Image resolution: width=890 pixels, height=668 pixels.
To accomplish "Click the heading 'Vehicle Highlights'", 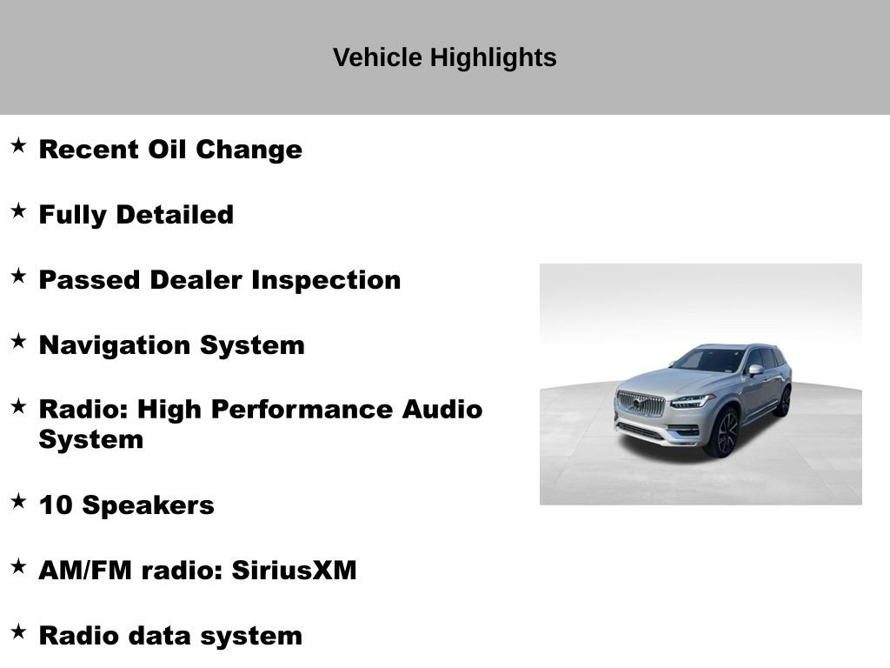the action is click(x=444, y=58).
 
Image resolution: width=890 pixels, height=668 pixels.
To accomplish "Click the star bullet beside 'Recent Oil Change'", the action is click(x=19, y=145).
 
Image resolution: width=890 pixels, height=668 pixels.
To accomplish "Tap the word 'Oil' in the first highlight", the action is click(x=167, y=150).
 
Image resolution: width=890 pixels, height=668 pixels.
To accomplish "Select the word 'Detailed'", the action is click(x=175, y=215).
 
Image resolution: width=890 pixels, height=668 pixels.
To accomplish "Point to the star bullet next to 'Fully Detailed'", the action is click(x=19, y=210).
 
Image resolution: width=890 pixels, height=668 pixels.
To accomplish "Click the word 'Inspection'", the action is click(x=327, y=281).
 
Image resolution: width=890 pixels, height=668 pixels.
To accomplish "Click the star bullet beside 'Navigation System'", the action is click(x=19, y=341).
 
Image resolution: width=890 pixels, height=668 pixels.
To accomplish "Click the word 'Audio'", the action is click(x=442, y=410).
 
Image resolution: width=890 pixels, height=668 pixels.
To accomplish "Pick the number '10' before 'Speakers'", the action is click(x=56, y=505).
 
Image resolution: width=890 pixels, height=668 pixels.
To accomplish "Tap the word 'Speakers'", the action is click(x=148, y=506).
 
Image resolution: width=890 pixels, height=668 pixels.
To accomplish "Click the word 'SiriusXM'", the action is click(x=294, y=571).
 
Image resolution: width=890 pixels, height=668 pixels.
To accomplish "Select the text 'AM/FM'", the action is click(x=85, y=571).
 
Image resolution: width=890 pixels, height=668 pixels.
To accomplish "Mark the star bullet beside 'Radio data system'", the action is click(x=19, y=631).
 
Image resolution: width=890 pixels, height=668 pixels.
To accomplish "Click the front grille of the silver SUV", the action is click(x=641, y=404).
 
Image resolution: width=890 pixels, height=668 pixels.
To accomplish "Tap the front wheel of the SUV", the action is click(x=722, y=433).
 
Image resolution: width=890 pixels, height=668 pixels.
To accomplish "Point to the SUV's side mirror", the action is click(x=755, y=371).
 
